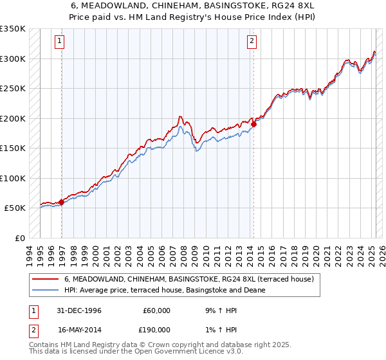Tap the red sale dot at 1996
pyautogui.click(x=62, y=202)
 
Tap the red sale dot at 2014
pyautogui.click(x=254, y=124)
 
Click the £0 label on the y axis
pyautogui.click(x=19, y=238)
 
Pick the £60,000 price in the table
pyautogui.click(x=154, y=311)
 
